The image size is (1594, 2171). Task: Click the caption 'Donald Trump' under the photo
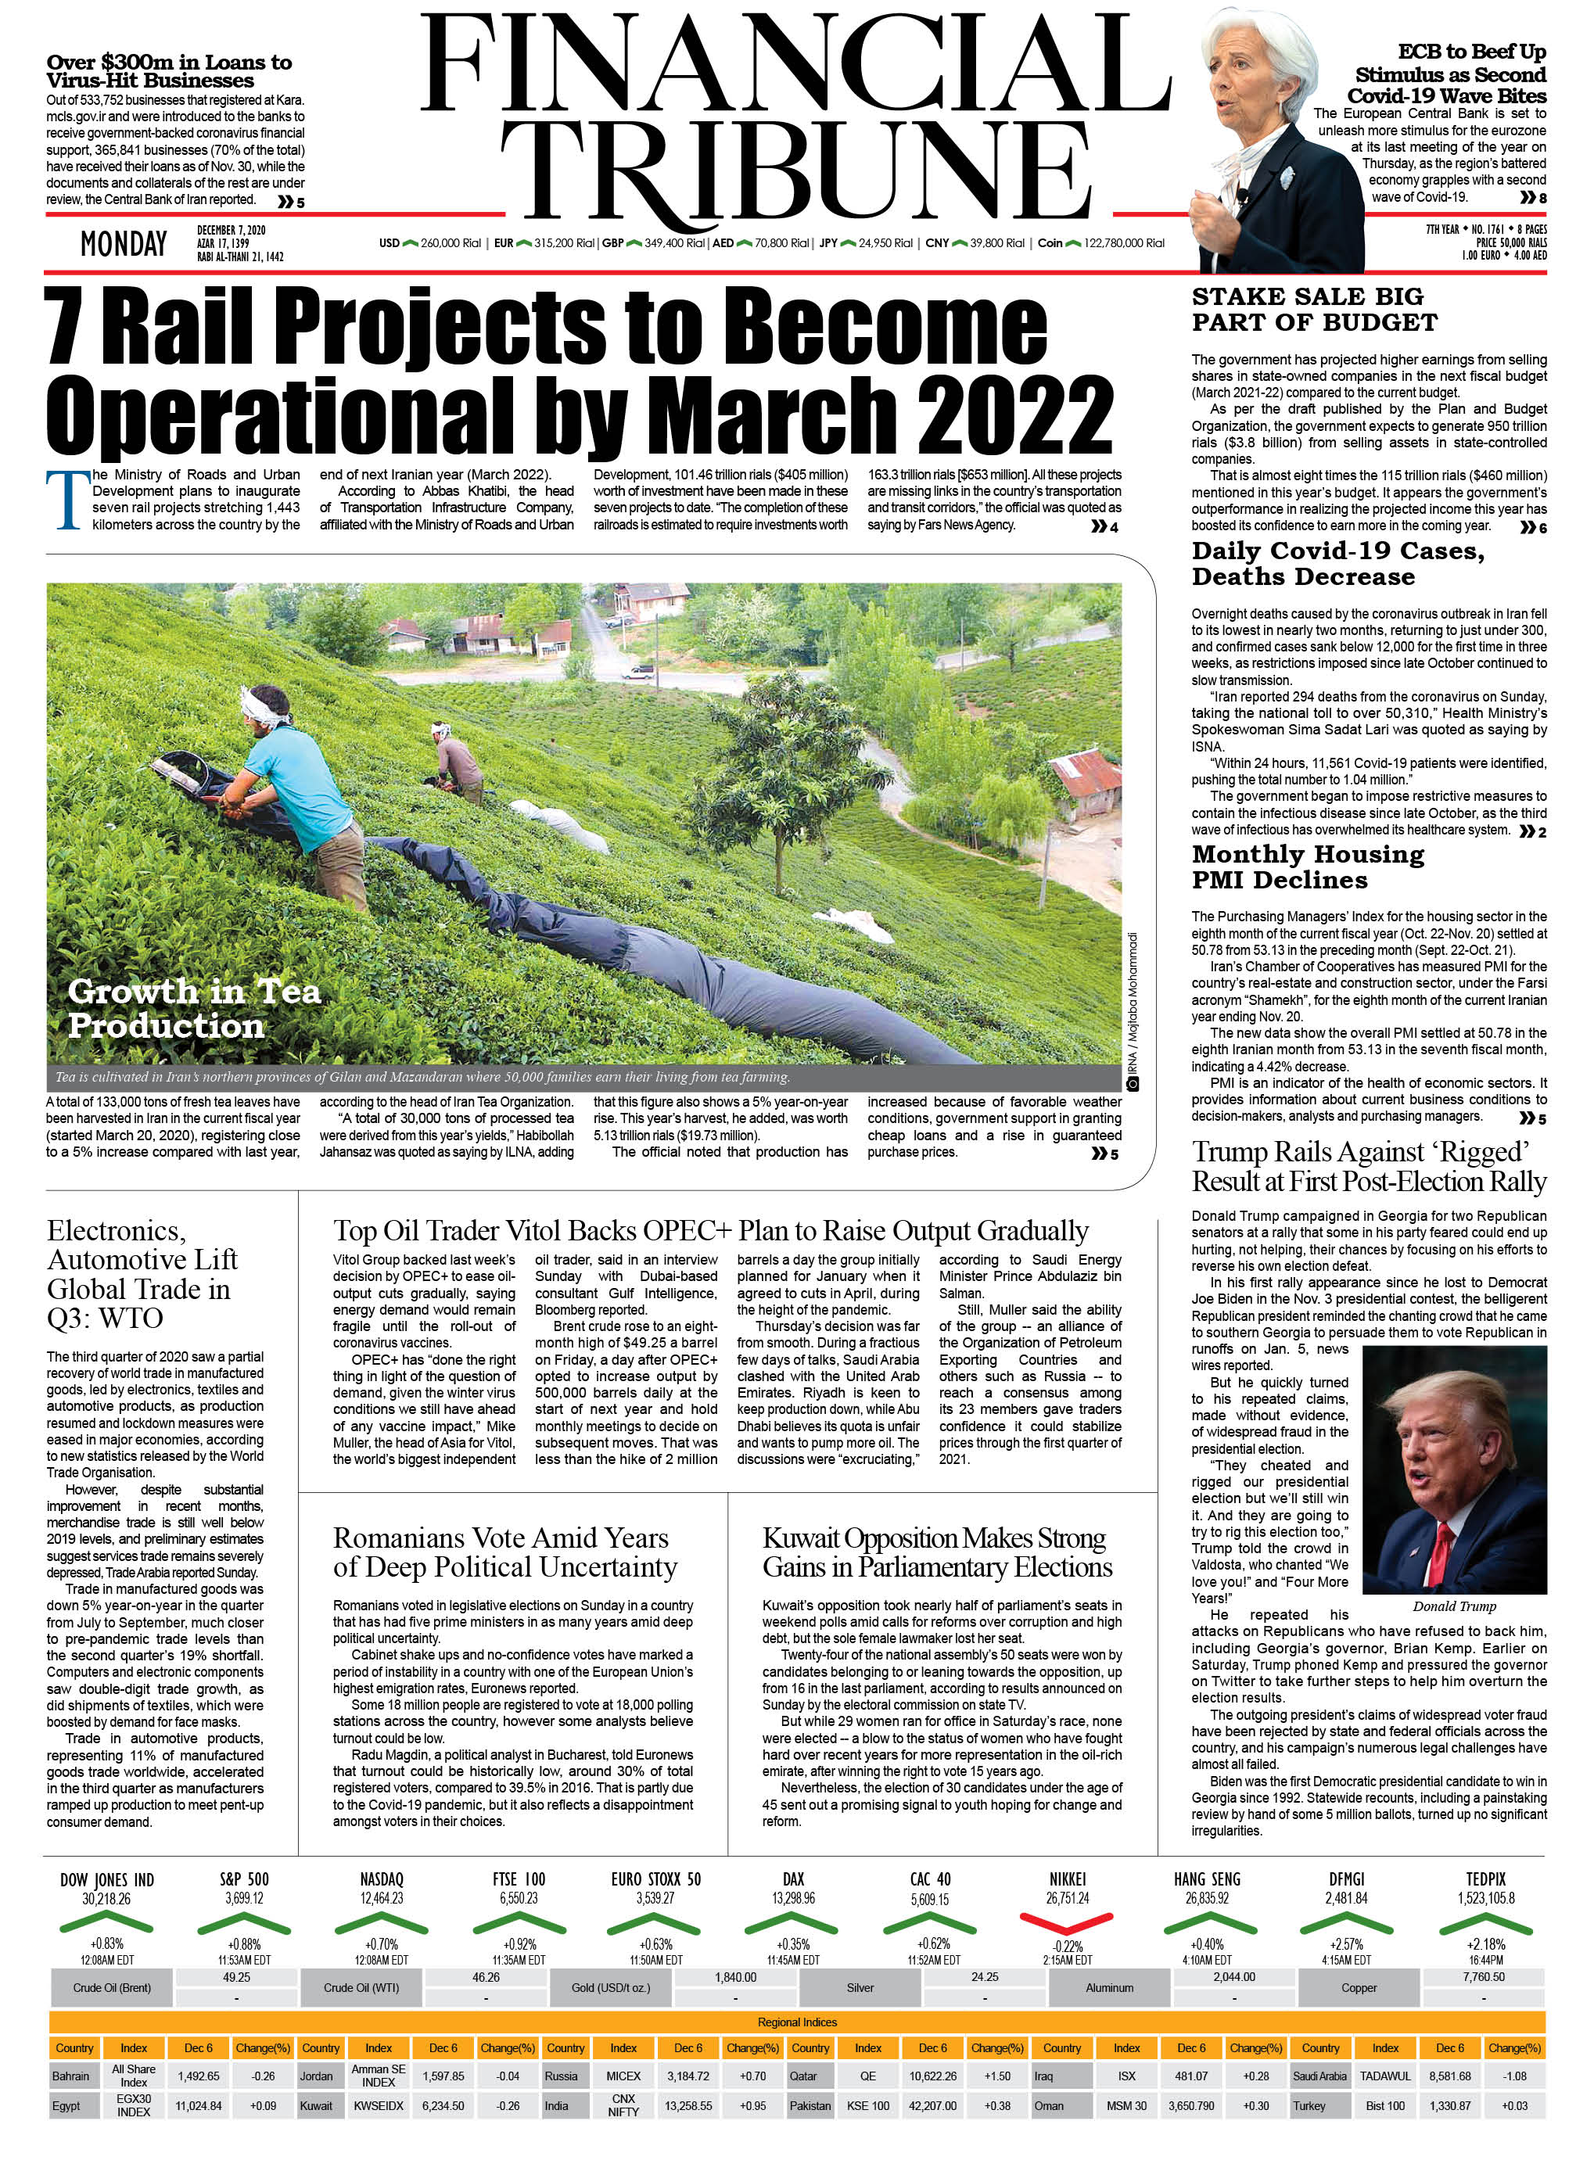pos(1453,1606)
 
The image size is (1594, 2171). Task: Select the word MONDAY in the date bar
pos(124,245)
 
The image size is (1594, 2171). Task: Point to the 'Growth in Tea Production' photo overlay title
pos(193,1007)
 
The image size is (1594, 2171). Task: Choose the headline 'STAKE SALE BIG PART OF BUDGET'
pos(1313,309)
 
